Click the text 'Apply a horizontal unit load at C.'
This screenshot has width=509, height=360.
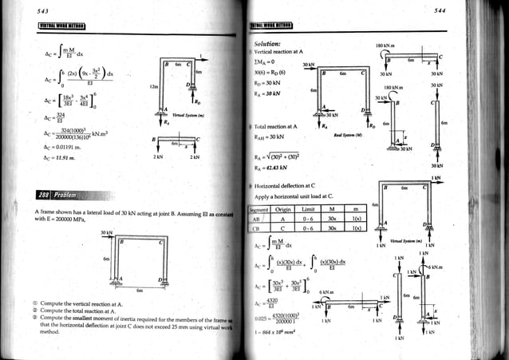295,196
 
